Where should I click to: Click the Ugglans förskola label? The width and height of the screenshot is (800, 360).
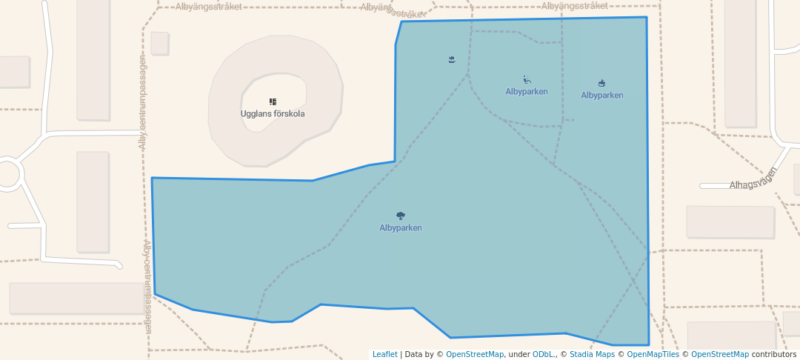tap(272, 114)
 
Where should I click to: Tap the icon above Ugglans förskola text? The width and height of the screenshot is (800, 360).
tap(273, 101)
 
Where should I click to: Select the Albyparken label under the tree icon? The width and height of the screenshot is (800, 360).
tap(400, 228)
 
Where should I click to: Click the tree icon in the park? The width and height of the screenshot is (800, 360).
tap(401, 216)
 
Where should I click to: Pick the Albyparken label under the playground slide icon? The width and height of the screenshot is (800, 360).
tap(526, 92)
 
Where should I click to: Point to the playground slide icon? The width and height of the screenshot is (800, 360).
tap(527, 80)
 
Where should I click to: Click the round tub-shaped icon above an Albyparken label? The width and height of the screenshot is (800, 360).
tap(601, 84)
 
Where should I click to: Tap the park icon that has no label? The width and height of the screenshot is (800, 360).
tap(452, 59)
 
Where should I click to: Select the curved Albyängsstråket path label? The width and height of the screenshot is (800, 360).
tap(392, 10)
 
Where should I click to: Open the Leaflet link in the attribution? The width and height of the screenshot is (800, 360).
tap(384, 355)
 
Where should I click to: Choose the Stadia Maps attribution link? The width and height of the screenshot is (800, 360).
tap(592, 355)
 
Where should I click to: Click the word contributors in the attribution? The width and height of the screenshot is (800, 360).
tap(773, 355)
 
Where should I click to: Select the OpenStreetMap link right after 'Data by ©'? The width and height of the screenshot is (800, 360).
tap(474, 355)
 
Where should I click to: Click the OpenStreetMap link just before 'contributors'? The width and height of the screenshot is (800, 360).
tap(719, 355)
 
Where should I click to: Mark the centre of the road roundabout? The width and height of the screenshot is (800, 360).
tap(7, 174)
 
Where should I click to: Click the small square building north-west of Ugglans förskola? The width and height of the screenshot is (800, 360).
tap(159, 43)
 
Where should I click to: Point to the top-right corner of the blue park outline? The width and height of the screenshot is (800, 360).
tap(647, 17)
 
